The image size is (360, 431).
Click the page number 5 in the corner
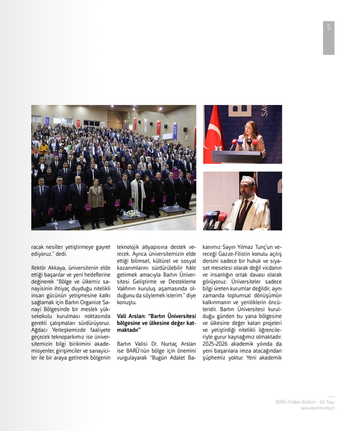click(x=329, y=27)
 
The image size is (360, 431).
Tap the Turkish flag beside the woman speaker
click(x=213, y=138)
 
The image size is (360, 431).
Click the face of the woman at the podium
click(x=250, y=128)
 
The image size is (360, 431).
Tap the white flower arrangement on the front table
click(x=132, y=213)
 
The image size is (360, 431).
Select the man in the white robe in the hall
click(x=137, y=194)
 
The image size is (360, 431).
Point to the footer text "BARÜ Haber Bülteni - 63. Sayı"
click(x=305, y=402)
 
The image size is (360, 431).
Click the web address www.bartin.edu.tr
click(x=317, y=408)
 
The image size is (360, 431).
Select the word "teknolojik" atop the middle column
click(x=130, y=246)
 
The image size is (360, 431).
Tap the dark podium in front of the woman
click(x=236, y=157)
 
